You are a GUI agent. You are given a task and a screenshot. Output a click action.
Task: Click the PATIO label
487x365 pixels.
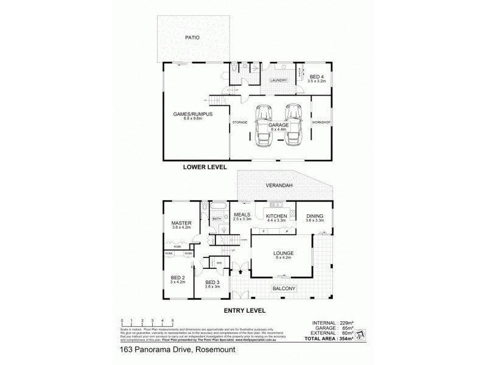pyautogui.click(x=192, y=38)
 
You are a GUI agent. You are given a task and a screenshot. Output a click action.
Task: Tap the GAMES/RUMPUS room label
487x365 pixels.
pyautogui.click(x=187, y=114)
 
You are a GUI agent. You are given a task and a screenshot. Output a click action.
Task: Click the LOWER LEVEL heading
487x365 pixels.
pyautogui.click(x=205, y=166)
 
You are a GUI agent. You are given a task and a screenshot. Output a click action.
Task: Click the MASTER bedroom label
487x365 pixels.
pyautogui.click(x=181, y=223)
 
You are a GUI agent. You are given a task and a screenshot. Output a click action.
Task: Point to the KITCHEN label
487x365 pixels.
pyautogui.click(x=278, y=216)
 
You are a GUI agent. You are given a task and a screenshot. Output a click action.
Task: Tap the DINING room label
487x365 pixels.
pyautogui.click(x=314, y=216)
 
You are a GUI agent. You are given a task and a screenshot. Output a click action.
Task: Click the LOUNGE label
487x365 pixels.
pyautogui.click(x=283, y=252)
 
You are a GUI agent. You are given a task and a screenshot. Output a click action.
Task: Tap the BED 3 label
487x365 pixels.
pyautogui.click(x=211, y=283)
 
